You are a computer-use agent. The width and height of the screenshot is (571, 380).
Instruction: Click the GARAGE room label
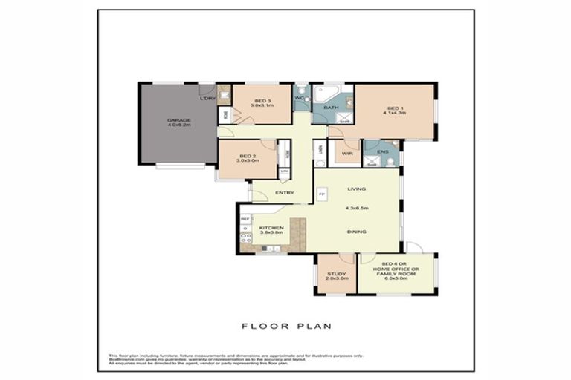(x=178, y=120)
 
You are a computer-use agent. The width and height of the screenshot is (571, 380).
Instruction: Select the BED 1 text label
(x=393, y=108)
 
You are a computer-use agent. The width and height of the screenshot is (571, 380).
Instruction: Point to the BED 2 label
(x=246, y=155)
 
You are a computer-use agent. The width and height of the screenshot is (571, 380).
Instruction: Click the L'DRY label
(x=208, y=99)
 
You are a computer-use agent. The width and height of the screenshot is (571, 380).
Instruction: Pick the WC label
(x=299, y=98)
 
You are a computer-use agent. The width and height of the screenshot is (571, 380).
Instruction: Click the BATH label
(x=331, y=108)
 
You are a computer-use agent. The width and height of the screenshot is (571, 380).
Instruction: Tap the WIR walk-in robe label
(x=346, y=154)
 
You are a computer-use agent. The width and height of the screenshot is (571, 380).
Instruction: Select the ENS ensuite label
(x=382, y=152)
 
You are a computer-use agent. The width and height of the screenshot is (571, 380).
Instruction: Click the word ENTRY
(x=285, y=193)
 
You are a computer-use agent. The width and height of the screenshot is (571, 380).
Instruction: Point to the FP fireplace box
(x=321, y=194)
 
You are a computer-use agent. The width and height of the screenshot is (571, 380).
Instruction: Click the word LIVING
(x=358, y=189)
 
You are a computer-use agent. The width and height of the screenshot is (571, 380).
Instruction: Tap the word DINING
(x=358, y=232)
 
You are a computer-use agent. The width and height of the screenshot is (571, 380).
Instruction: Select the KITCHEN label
(x=269, y=228)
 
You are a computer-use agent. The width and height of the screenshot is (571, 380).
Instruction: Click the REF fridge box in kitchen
(x=245, y=219)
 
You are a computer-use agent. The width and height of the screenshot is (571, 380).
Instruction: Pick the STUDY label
(x=336, y=274)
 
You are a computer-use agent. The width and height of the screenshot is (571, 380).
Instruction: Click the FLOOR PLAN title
(x=286, y=325)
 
